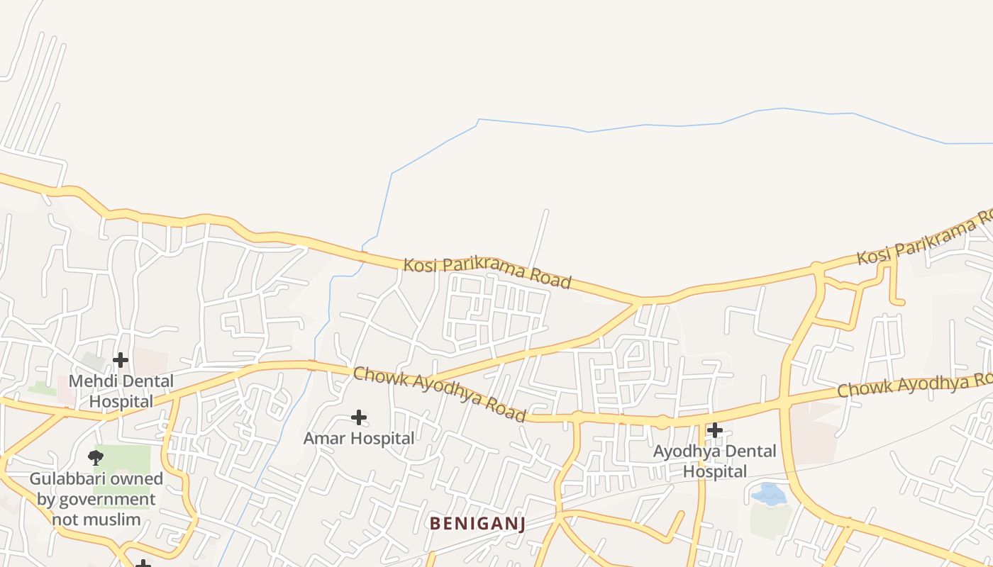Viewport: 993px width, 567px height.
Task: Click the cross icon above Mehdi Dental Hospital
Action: (121, 360)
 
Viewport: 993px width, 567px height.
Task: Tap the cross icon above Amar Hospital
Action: (359, 417)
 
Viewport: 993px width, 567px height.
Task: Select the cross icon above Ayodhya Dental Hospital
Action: (715, 430)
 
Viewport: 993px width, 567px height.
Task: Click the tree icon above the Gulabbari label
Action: (96, 457)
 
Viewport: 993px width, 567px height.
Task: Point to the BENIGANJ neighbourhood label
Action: (477, 524)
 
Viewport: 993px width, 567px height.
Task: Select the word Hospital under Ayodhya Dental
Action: (715, 471)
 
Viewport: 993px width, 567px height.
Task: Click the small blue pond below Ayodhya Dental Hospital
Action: (769, 494)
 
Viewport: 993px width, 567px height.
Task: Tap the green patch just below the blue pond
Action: (770, 521)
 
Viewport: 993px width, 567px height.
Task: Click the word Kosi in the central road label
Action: (418, 265)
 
